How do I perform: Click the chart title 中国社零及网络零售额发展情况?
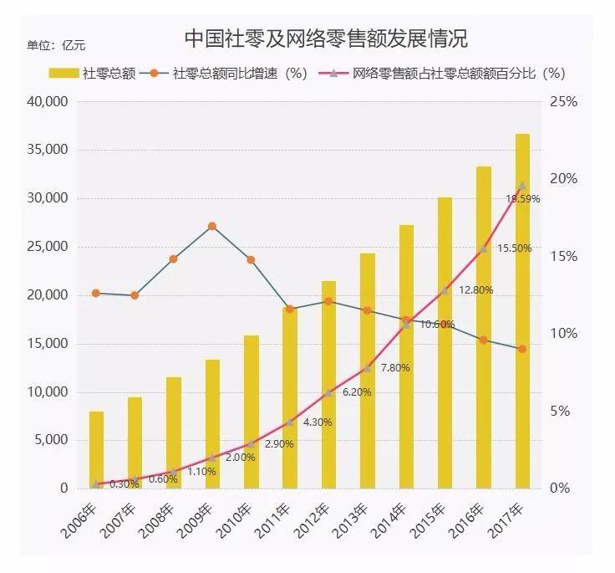coord(325,39)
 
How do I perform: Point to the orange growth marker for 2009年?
coord(212,226)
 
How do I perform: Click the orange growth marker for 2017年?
coord(522,349)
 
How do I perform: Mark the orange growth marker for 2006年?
coord(96,294)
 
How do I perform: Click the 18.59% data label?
coord(523,199)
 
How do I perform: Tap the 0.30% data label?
coord(125,484)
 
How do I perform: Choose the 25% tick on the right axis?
coord(566,102)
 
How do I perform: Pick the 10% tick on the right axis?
coord(566,334)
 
